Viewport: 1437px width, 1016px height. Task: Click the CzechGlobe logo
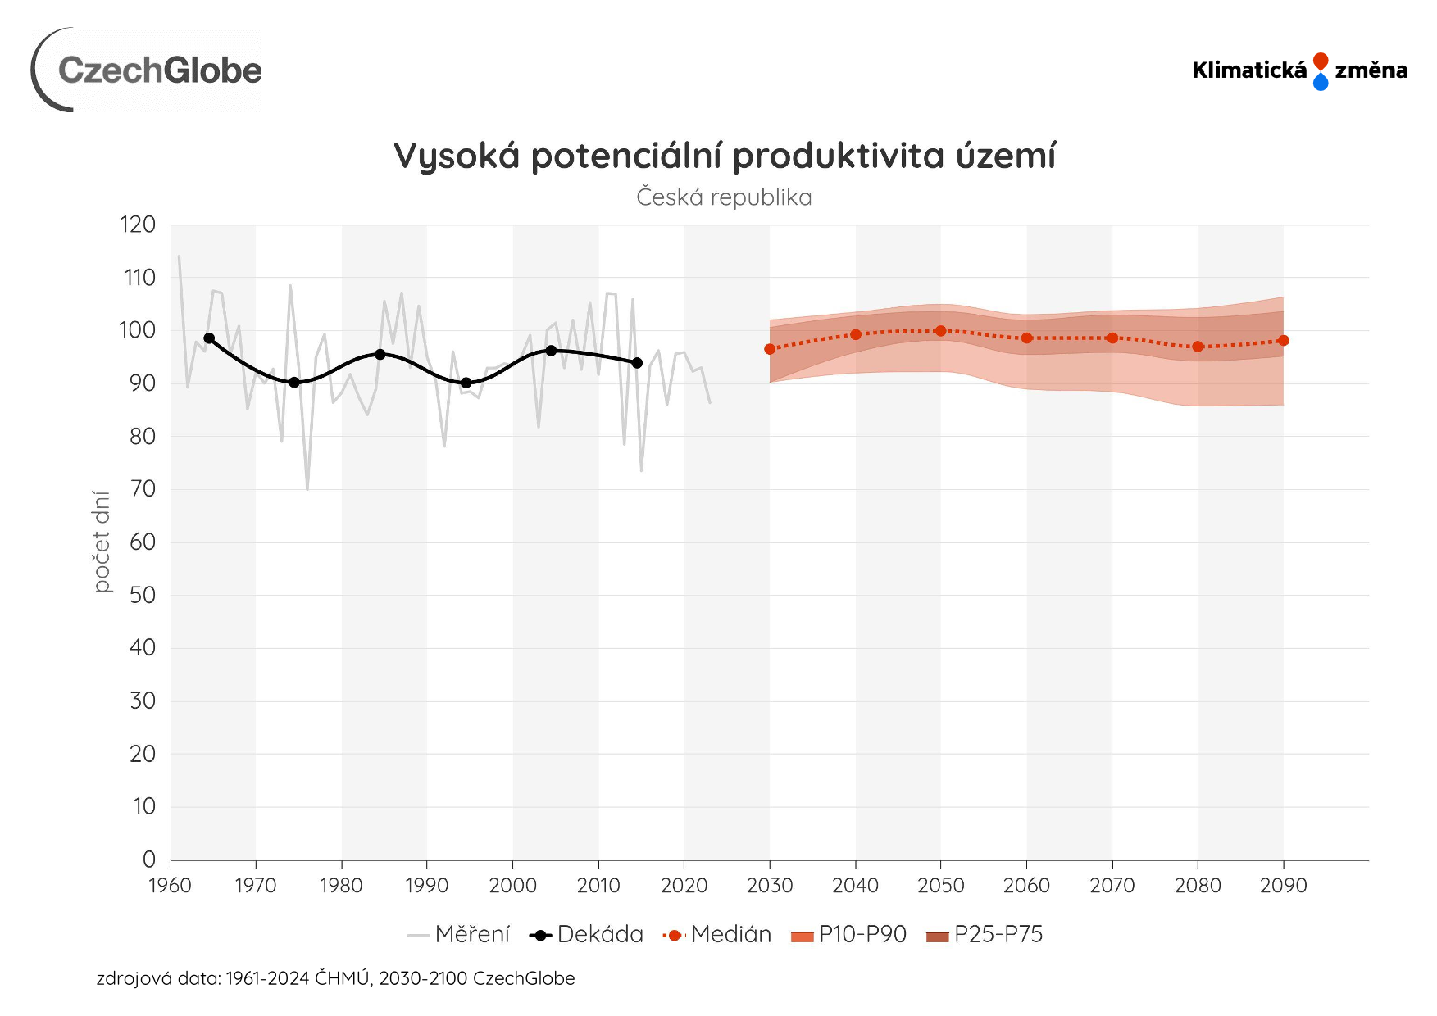point(148,70)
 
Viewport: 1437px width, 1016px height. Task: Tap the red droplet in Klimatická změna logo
point(1320,61)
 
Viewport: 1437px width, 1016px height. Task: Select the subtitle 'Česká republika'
point(724,197)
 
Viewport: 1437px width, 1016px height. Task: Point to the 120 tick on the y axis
point(138,225)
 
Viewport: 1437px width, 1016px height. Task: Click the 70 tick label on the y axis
point(142,489)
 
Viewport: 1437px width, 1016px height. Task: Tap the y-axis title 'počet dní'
point(101,542)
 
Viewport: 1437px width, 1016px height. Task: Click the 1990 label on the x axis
point(426,886)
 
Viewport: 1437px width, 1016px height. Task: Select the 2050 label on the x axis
point(940,886)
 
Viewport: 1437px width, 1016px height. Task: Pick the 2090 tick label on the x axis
point(1283,886)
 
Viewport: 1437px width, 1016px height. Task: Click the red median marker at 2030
point(770,349)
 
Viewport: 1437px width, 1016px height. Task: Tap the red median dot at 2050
point(940,331)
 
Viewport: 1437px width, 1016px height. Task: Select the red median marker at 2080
point(1198,347)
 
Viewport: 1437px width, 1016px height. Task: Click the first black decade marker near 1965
point(209,338)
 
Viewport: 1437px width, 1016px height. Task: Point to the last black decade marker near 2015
point(637,363)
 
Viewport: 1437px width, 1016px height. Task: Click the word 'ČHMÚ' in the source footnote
point(342,978)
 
